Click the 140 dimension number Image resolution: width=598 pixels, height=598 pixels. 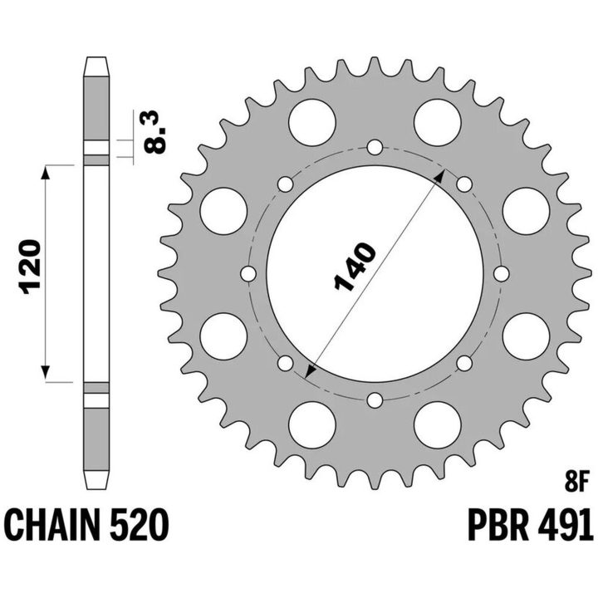pyautogui.click(x=355, y=267)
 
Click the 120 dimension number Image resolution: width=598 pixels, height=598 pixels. pyautogui.click(x=32, y=267)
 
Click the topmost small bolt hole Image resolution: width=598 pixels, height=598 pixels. pyautogui.click(x=375, y=147)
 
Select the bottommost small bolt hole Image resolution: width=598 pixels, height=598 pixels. pyautogui.click(x=375, y=400)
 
